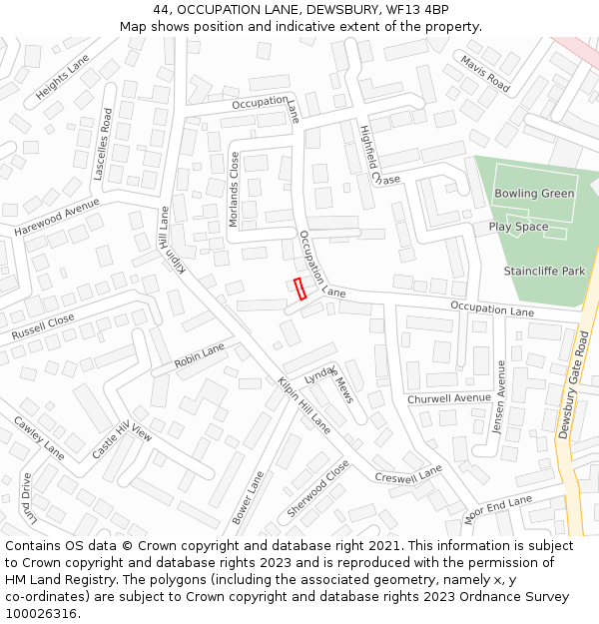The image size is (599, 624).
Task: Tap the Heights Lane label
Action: pyautogui.click(x=62, y=77)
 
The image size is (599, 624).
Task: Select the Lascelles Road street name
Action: pyautogui.click(x=101, y=144)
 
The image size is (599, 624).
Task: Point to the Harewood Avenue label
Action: pyautogui.click(x=58, y=217)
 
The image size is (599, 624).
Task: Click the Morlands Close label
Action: pyautogui.click(x=235, y=189)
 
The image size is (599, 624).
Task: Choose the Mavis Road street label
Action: pyautogui.click(x=485, y=75)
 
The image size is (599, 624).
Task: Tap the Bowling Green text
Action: pyautogui.click(x=534, y=193)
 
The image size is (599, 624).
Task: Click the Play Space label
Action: pyautogui.click(x=518, y=227)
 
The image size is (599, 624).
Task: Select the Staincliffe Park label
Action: pyautogui.click(x=544, y=271)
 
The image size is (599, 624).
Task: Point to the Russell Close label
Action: pyautogui.click(x=43, y=326)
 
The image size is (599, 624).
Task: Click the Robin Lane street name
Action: pyautogui.click(x=200, y=355)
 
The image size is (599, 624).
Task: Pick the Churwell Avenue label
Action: pyautogui.click(x=449, y=398)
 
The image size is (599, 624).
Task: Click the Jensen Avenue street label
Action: pyautogui.click(x=500, y=395)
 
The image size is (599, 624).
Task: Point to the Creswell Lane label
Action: pyautogui.click(x=408, y=473)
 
